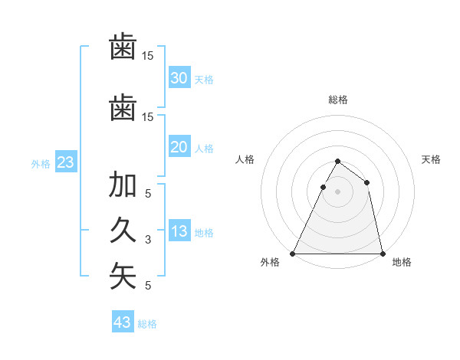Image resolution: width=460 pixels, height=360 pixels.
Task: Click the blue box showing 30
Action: (x=179, y=78)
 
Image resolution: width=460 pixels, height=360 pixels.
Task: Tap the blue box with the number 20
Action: (x=179, y=147)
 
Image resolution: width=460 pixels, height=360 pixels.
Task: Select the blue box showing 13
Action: (x=179, y=232)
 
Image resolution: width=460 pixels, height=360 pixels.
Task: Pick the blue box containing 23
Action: (x=64, y=162)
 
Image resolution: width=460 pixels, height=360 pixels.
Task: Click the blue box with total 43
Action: (x=122, y=322)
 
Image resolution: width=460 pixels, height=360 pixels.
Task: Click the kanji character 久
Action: (x=123, y=230)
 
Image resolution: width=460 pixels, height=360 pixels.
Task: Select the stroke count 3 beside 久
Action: (x=148, y=240)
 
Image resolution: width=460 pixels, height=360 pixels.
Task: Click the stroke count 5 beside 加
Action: (x=148, y=194)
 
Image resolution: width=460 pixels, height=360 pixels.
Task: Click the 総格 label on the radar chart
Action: (x=337, y=100)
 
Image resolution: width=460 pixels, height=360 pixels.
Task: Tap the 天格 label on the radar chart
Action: (x=431, y=159)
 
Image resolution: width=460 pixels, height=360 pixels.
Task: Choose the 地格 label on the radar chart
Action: (x=402, y=263)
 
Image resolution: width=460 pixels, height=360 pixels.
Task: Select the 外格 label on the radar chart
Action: (x=270, y=263)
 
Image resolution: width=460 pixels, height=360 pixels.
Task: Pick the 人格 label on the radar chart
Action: (x=245, y=159)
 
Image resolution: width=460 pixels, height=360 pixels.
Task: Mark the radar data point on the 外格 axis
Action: (x=293, y=253)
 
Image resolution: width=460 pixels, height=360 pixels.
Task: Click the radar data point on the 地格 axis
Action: (x=382, y=253)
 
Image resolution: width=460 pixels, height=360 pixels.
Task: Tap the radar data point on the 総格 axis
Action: (x=337, y=162)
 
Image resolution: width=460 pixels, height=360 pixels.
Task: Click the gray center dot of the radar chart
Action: (x=337, y=192)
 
